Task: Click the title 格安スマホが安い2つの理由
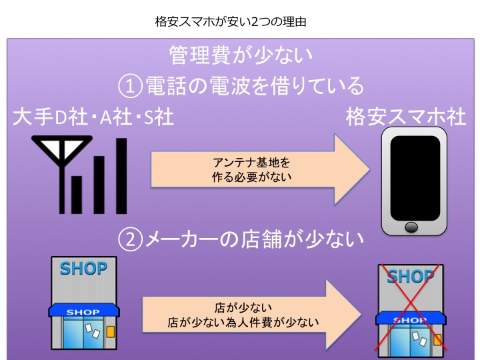[x=231, y=22]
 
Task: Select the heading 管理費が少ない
[x=241, y=55]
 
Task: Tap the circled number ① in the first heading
[x=130, y=86]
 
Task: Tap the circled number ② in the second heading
[x=130, y=239]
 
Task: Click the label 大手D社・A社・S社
[x=94, y=117]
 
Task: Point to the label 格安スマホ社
[x=406, y=117]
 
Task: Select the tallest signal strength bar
[x=121, y=176]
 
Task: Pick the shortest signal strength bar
[x=77, y=195]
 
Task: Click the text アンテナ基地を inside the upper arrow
[x=251, y=162]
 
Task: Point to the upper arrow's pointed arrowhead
[x=370, y=169]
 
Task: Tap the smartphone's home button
[x=411, y=227]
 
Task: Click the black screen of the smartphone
[x=415, y=178]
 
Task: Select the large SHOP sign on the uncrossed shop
[x=83, y=269]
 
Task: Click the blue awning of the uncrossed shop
[x=84, y=310]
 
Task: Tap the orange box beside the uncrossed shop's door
[x=111, y=332]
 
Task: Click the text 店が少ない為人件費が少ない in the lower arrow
[x=243, y=323]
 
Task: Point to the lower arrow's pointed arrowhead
[x=361, y=315]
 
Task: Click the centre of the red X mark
[x=409, y=307]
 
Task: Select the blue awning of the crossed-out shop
[x=411, y=319]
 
